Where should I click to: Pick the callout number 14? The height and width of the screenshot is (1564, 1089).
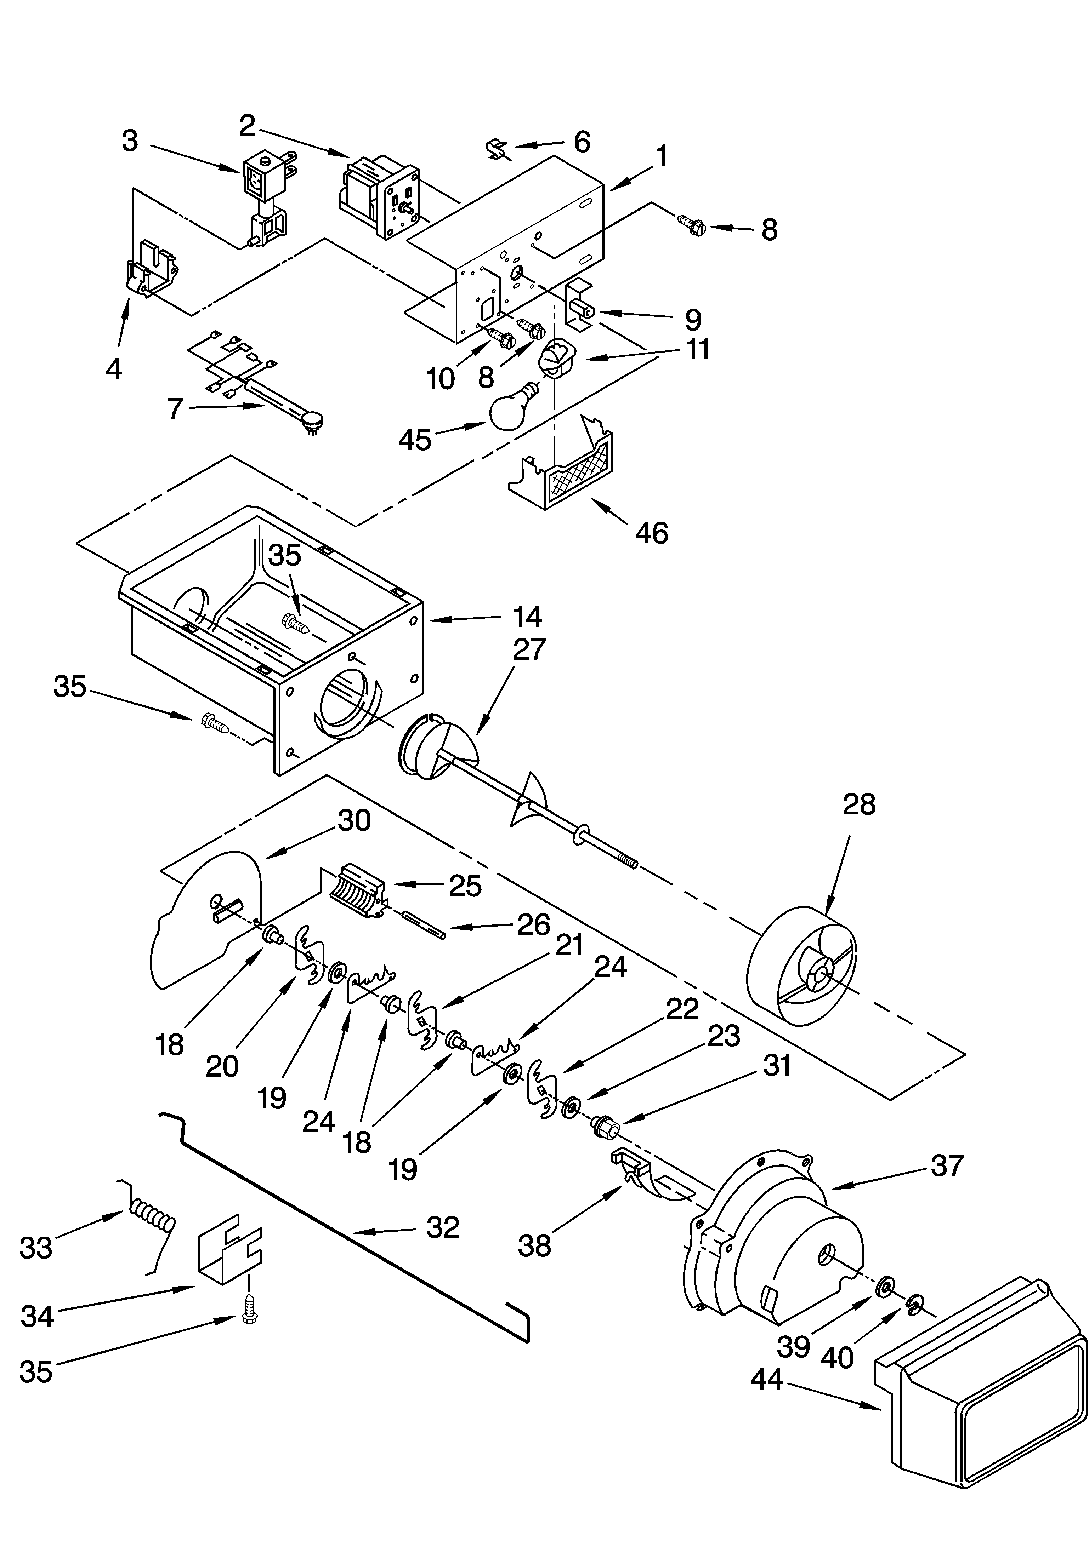click(x=527, y=617)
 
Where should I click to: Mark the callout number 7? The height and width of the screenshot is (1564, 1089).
click(x=175, y=409)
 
